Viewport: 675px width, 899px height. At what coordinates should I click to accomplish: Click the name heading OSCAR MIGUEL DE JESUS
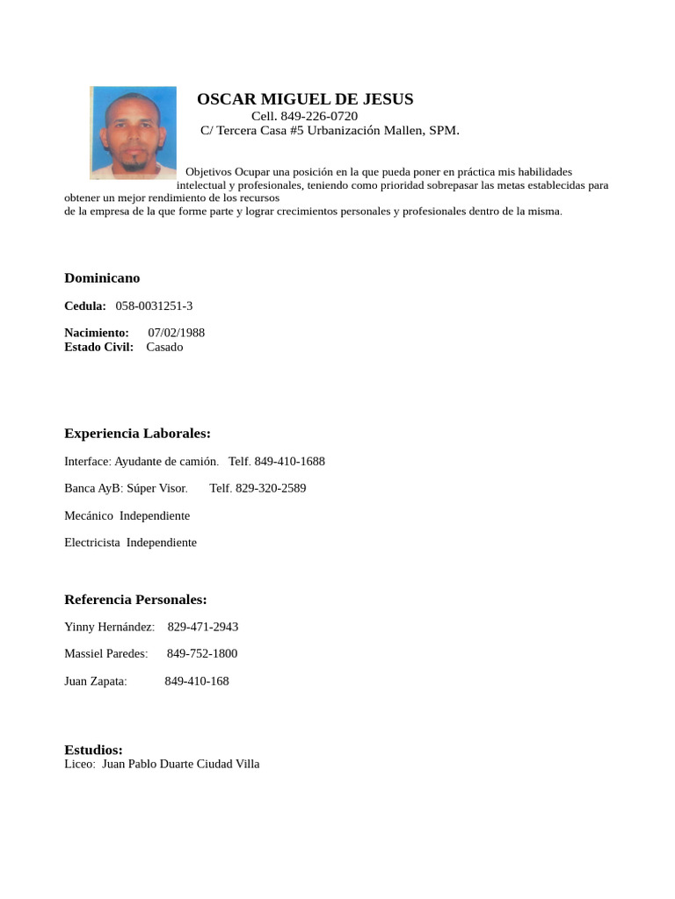(304, 99)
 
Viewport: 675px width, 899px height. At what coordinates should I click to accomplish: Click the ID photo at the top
(133, 132)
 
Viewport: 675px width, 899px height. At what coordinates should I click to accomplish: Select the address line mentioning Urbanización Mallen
(330, 131)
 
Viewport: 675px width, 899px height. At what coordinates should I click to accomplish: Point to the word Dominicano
(102, 278)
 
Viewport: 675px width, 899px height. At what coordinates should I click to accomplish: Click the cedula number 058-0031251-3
(154, 306)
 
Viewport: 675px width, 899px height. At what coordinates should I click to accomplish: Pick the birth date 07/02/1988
(176, 333)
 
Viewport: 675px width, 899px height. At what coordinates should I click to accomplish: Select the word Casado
(164, 347)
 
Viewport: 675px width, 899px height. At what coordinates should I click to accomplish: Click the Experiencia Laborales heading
(137, 434)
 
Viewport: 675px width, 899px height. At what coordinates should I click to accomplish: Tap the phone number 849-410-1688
(289, 461)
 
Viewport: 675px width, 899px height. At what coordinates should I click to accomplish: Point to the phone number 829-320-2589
(258, 488)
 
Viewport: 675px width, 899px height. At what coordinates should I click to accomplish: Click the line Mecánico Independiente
(127, 515)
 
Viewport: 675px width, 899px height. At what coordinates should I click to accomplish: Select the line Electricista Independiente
(130, 543)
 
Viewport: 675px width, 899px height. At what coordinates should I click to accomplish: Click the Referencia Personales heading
(135, 600)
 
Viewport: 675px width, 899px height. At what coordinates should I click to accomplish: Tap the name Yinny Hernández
(108, 627)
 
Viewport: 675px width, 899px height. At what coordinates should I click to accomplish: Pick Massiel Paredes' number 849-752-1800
(201, 654)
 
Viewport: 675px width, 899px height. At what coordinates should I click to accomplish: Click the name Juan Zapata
(95, 681)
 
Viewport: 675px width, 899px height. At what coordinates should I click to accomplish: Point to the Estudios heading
(93, 750)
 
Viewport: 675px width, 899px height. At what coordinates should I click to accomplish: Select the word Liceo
(79, 764)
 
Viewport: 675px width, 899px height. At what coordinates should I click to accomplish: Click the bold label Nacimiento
(96, 333)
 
